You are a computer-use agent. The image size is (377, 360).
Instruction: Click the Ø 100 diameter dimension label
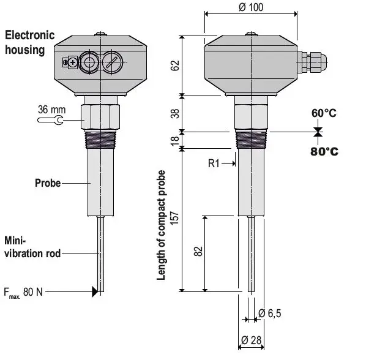[x=250, y=7]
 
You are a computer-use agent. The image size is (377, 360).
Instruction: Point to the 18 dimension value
[x=176, y=140]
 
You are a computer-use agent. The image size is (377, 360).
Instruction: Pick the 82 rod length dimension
[x=197, y=252]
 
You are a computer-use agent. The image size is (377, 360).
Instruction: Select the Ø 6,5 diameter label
[x=270, y=313]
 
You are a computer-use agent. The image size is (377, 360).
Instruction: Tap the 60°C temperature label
[x=324, y=114]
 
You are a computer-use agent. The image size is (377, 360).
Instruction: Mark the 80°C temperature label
[x=324, y=151]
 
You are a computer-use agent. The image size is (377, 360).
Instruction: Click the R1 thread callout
[x=214, y=163]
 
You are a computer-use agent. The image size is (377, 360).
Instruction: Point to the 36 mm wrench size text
[x=51, y=110]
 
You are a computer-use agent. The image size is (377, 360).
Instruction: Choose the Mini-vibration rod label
[x=32, y=246]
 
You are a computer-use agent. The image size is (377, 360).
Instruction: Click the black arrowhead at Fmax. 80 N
[x=94, y=292]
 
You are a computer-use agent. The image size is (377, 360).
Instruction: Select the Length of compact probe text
[x=162, y=225]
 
